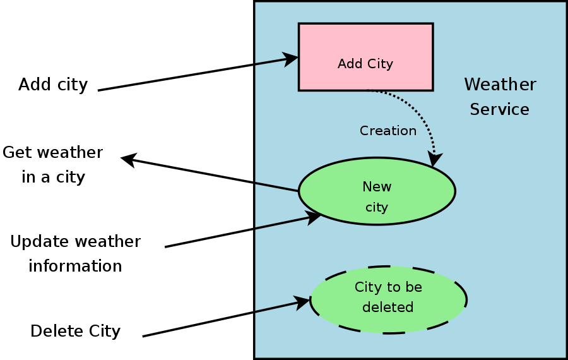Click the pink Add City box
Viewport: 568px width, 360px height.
tap(365, 57)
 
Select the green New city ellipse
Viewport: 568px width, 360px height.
tap(377, 191)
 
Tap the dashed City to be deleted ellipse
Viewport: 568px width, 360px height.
tap(388, 299)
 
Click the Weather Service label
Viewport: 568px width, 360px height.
tap(500, 97)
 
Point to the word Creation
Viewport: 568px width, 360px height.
tap(388, 131)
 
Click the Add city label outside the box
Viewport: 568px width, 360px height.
tap(53, 85)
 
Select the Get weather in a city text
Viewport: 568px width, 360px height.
tap(53, 165)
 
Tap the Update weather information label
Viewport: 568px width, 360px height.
tap(75, 254)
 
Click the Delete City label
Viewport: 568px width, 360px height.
tap(75, 331)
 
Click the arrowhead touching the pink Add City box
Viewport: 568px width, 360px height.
tap(291, 59)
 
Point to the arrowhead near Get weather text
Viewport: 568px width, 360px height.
tap(128, 159)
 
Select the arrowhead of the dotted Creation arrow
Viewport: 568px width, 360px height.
tap(434, 160)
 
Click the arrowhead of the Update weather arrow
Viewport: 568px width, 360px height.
tap(314, 217)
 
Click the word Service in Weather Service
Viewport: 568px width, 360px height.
tap(499, 109)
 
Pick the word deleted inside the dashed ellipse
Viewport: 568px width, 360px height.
tap(388, 308)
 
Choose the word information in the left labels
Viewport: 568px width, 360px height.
tap(75, 266)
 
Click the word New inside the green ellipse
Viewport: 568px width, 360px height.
tap(377, 187)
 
